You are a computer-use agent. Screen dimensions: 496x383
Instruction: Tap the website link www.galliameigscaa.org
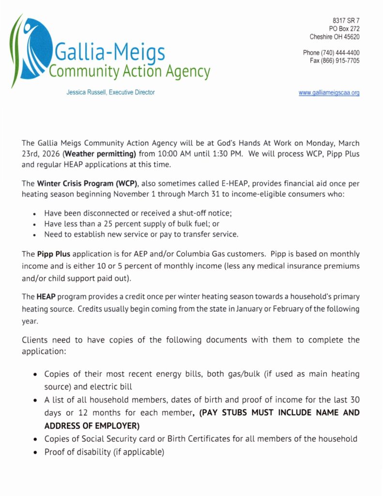[x=329, y=93]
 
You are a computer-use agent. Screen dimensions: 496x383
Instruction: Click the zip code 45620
[x=350, y=37]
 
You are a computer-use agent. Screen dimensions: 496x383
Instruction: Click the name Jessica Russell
[x=87, y=92]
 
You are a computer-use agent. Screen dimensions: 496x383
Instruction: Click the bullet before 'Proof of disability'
[x=35, y=453]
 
